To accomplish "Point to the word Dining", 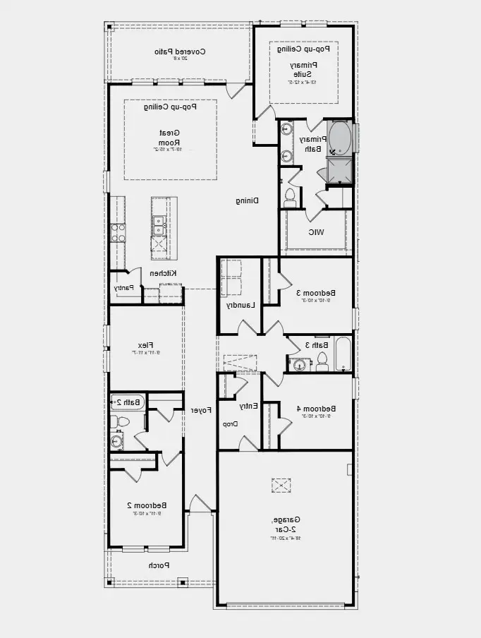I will tap(247, 200).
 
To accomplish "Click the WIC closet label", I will tap(315, 232).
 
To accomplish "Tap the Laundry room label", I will tap(240, 306).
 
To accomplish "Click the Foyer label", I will tap(201, 409).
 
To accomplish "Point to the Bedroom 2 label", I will tap(147, 505).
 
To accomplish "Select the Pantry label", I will tap(123, 288).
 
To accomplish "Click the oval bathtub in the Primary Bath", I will tap(341, 137).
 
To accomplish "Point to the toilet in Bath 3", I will tap(322, 361).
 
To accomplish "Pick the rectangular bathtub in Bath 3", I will tap(343, 355).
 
